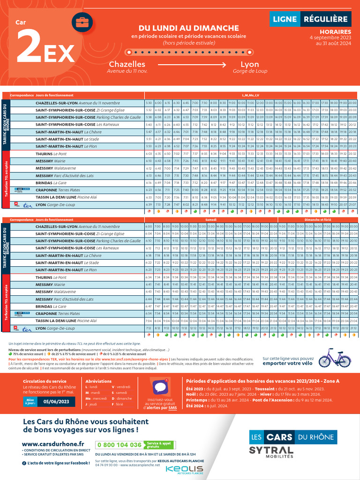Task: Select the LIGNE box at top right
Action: coord(284,19)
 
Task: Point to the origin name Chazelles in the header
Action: coord(127,64)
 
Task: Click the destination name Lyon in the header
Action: coord(249,64)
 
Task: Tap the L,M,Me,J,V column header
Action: coord(250,95)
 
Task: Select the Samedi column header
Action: coord(210,219)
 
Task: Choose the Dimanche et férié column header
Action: coord(317,219)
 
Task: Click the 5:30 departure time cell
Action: coord(149,103)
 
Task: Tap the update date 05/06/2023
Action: coord(56,402)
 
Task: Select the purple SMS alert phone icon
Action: coord(160,388)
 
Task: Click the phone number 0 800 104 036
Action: coord(119,444)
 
